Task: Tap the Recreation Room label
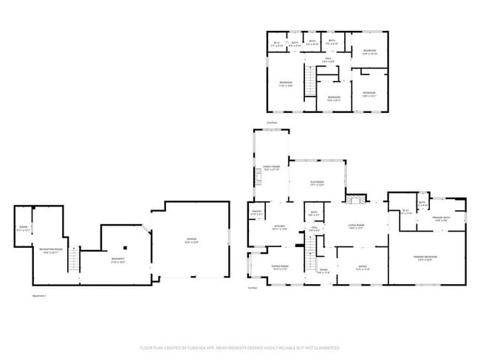click(x=50, y=252)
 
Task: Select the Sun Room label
click(x=318, y=184)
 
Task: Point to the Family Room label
click(x=271, y=169)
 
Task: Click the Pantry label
click(x=257, y=213)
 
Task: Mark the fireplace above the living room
click(x=357, y=198)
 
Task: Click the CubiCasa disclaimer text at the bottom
click(x=239, y=347)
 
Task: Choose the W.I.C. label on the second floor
click(x=276, y=44)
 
